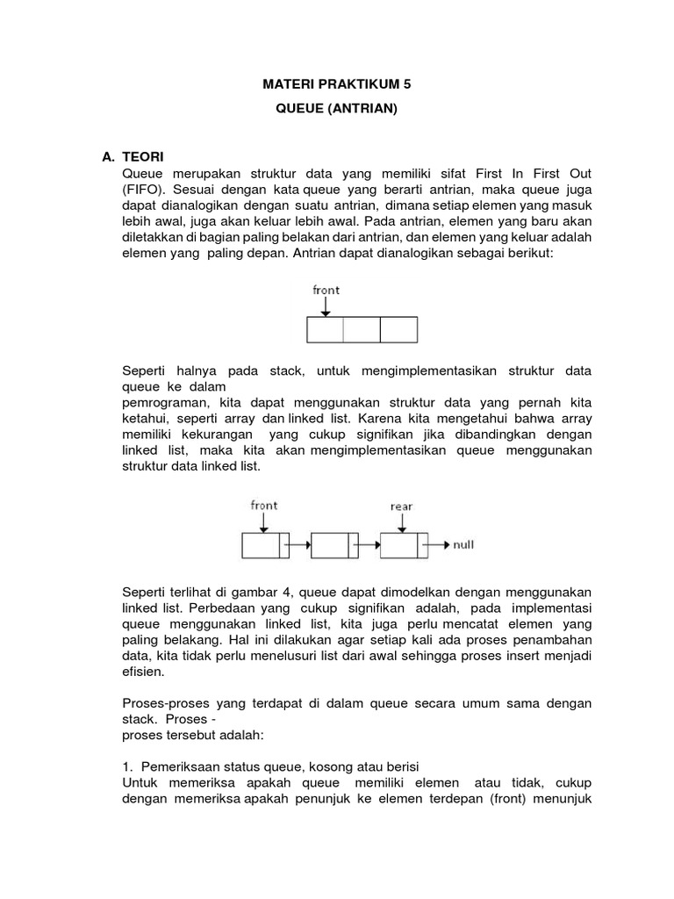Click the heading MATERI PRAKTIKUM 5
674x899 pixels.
tap(337, 84)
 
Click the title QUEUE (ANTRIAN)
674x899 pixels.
tap(337, 112)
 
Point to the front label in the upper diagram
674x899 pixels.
tap(326, 290)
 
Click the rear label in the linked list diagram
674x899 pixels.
tap(401, 506)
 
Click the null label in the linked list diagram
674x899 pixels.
tap(463, 545)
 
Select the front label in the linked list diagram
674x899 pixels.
tap(263, 505)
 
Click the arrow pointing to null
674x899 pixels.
tap(437, 545)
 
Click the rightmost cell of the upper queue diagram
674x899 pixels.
tap(398, 329)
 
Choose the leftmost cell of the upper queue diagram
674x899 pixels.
tap(325, 329)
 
